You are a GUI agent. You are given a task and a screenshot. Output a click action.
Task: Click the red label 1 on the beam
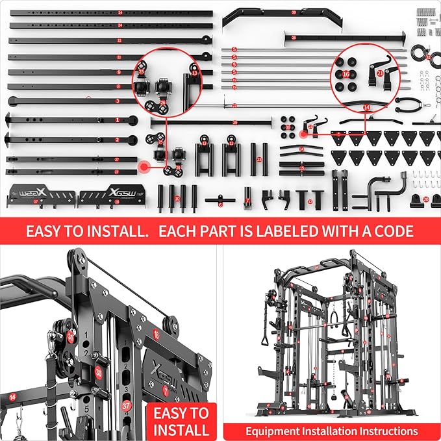118,120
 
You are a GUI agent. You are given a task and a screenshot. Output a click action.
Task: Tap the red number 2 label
118,139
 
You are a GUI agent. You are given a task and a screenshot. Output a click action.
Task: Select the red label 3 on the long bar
118,101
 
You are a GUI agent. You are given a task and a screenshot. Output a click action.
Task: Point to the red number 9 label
119,72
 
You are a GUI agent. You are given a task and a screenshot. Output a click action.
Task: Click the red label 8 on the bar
118,86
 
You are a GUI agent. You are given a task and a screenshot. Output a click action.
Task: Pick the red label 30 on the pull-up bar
294,12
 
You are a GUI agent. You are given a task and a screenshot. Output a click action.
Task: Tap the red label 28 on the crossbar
294,38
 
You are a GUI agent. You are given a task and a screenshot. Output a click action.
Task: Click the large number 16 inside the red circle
346,75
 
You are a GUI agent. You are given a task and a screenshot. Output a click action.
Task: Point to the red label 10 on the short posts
177,197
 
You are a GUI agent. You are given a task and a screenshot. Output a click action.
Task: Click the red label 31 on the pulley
71,336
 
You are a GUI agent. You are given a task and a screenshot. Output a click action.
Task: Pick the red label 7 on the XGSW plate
164,390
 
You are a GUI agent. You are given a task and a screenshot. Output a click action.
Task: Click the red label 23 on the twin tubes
259,158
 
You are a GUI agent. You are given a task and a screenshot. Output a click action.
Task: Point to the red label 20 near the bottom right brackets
425,199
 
